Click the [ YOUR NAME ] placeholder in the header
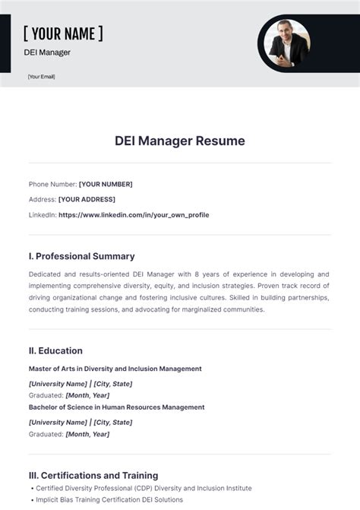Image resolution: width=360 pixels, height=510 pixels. click(63, 33)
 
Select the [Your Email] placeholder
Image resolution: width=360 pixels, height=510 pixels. click(41, 77)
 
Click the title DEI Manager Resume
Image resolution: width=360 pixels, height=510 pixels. click(180, 141)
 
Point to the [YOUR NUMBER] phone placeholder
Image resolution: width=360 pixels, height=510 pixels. click(106, 184)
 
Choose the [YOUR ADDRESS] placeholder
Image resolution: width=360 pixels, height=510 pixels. click(87, 199)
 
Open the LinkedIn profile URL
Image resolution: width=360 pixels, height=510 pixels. click(134, 215)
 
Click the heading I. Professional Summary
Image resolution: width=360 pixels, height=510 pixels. click(82, 256)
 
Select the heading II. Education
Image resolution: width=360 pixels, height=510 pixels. click(55, 350)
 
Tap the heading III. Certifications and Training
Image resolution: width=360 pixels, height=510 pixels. click(93, 475)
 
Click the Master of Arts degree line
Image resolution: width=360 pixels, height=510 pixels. click(115, 369)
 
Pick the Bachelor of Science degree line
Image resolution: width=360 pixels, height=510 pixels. click(116, 407)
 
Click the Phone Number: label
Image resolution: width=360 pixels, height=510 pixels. click(52, 184)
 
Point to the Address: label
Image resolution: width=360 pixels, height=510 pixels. click(43, 199)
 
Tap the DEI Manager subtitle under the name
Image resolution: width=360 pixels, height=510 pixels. click(47, 52)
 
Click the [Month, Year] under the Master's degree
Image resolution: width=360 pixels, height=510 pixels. click(87, 395)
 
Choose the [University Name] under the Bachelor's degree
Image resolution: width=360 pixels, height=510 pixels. click(58, 422)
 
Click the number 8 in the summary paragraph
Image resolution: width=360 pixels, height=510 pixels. click(196, 274)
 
